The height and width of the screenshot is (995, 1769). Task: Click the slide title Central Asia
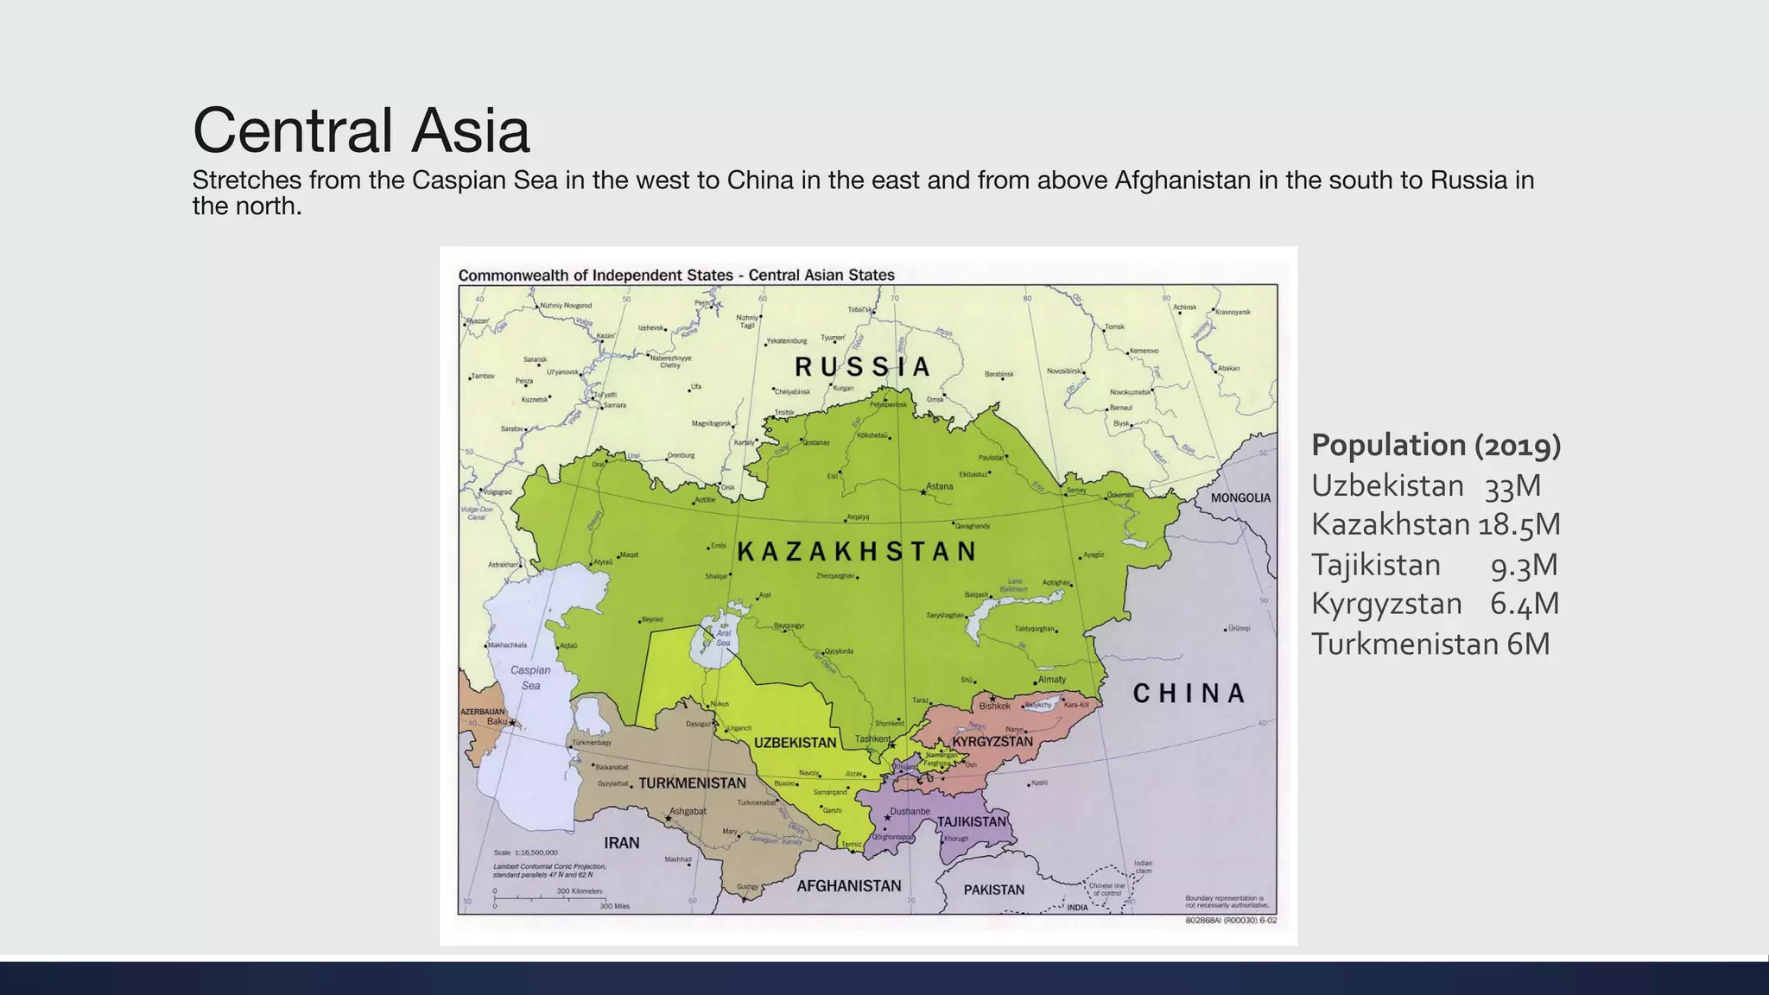coord(360,130)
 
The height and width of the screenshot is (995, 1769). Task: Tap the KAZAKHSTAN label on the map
coord(857,552)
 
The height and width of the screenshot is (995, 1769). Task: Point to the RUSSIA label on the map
coord(862,367)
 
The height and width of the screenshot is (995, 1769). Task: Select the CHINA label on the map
coord(1189,694)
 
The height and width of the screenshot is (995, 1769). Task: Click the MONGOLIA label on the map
coord(1240,498)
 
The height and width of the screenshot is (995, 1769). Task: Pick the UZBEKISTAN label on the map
coord(795,743)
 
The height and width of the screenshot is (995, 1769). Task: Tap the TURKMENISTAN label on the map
coord(692,783)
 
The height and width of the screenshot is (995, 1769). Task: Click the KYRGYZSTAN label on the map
coord(992,742)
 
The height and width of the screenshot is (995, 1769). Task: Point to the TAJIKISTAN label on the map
coord(972,821)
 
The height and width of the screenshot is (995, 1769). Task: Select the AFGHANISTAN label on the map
coord(848,886)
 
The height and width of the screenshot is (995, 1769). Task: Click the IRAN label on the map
coord(621,843)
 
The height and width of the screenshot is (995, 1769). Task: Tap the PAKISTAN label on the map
coord(993,890)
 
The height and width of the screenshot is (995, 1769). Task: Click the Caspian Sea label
coord(530,677)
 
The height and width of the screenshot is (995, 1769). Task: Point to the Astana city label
coord(940,486)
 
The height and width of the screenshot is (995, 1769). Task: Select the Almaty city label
coord(1052,680)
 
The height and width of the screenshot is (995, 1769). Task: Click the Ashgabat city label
coord(688,811)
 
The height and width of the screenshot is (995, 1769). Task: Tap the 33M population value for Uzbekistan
coord(1512,486)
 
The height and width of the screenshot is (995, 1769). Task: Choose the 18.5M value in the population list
coord(1519,525)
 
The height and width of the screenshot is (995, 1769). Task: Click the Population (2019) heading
coord(1436,446)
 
